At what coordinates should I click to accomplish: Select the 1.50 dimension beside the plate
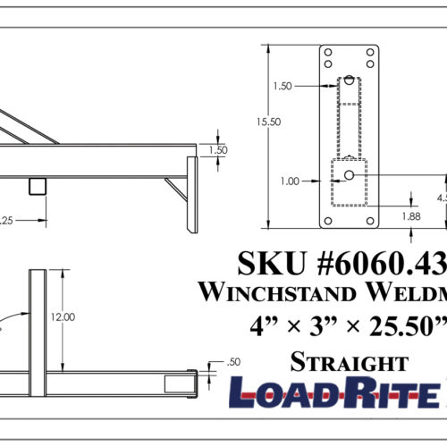pos(283,86)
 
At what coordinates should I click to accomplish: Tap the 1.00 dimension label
pos(289,181)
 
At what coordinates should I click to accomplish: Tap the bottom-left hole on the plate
pos(329,220)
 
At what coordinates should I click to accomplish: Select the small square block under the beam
pos(38,185)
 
